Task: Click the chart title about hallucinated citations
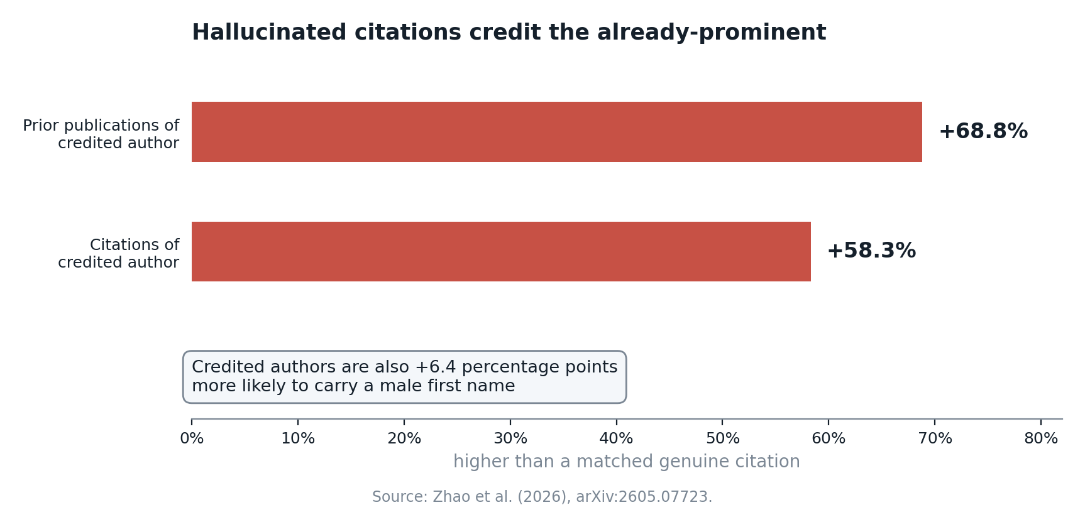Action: (x=509, y=33)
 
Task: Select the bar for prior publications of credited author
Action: (x=557, y=132)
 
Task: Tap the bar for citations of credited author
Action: (x=501, y=251)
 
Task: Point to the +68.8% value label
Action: (x=983, y=132)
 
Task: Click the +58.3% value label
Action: (x=871, y=251)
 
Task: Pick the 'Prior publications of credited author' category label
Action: (x=101, y=134)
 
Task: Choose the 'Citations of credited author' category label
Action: (x=119, y=254)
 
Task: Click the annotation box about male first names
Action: (x=405, y=377)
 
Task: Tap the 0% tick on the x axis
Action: (x=192, y=439)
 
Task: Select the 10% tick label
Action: (x=298, y=439)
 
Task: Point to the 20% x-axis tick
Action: (x=404, y=439)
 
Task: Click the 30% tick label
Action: (x=510, y=439)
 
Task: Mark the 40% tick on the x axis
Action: (x=617, y=439)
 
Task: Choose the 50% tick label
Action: (x=722, y=439)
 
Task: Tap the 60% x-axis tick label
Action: (x=829, y=439)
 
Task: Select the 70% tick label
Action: (x=935, y=439)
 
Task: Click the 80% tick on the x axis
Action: (x=1041, y=439)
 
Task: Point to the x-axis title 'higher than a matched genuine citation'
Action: (x=627, y=462)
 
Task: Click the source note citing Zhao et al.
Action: (x=542, y=497)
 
